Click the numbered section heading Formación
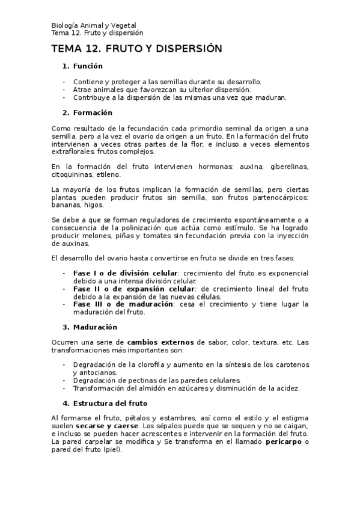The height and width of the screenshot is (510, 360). click(93, 112)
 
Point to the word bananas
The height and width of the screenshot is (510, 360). click(67, 205)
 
